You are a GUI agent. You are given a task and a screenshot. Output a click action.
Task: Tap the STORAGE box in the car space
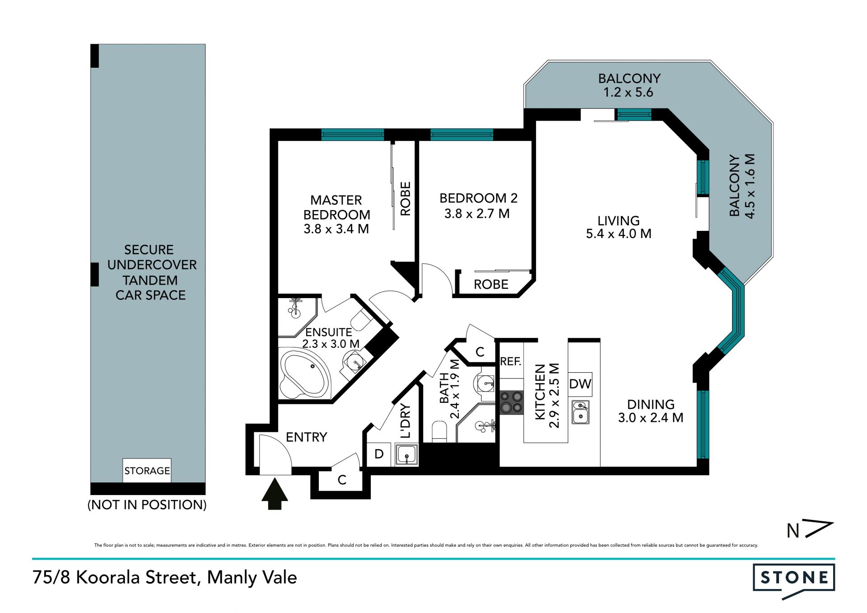coord(147,471)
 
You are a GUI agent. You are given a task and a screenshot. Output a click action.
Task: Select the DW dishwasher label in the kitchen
coord(580,384)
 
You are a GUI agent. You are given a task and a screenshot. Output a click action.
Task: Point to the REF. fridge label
coord(511,361)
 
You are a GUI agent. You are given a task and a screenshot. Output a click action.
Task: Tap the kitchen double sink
coord(580,412)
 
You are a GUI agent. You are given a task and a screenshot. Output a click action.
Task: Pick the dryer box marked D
coord(379,454)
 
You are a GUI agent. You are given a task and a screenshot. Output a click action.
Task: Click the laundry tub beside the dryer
coord(407,454)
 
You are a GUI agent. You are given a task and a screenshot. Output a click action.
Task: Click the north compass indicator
coord(809,530)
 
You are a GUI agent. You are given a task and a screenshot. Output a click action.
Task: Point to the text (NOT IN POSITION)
coord(147,505)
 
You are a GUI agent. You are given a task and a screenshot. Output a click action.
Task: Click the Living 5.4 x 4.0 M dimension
coord(619,234)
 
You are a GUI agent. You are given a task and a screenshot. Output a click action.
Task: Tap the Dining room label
coord(651,404)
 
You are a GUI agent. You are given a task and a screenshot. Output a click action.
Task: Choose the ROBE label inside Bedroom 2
coord(491,285)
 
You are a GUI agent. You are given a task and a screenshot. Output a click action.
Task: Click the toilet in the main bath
coord(439,431)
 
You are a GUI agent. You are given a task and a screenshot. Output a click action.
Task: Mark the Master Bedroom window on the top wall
coord(352,135)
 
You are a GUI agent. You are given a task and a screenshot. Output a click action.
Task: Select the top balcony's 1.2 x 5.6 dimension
coord(628,93)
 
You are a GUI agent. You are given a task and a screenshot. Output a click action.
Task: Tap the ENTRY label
coord(306,437)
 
